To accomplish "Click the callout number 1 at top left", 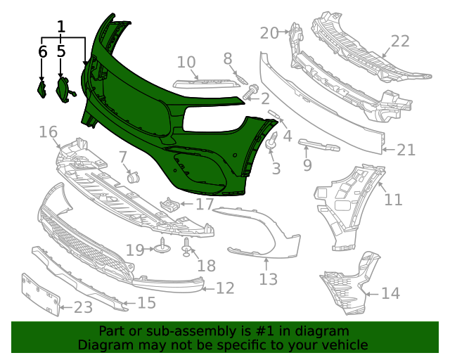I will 61,27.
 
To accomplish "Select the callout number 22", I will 400,41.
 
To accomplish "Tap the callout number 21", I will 406,150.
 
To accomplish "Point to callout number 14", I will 390,293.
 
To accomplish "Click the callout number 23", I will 83,307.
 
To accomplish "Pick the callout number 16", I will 48,132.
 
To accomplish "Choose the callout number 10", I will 186,62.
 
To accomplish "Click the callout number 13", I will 269,280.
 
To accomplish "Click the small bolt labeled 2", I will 250,91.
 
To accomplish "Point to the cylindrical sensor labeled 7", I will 134,176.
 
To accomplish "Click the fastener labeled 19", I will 162,247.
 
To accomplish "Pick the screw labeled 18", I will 187,247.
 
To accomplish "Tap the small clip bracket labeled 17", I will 169,205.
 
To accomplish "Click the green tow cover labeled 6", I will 41,89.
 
